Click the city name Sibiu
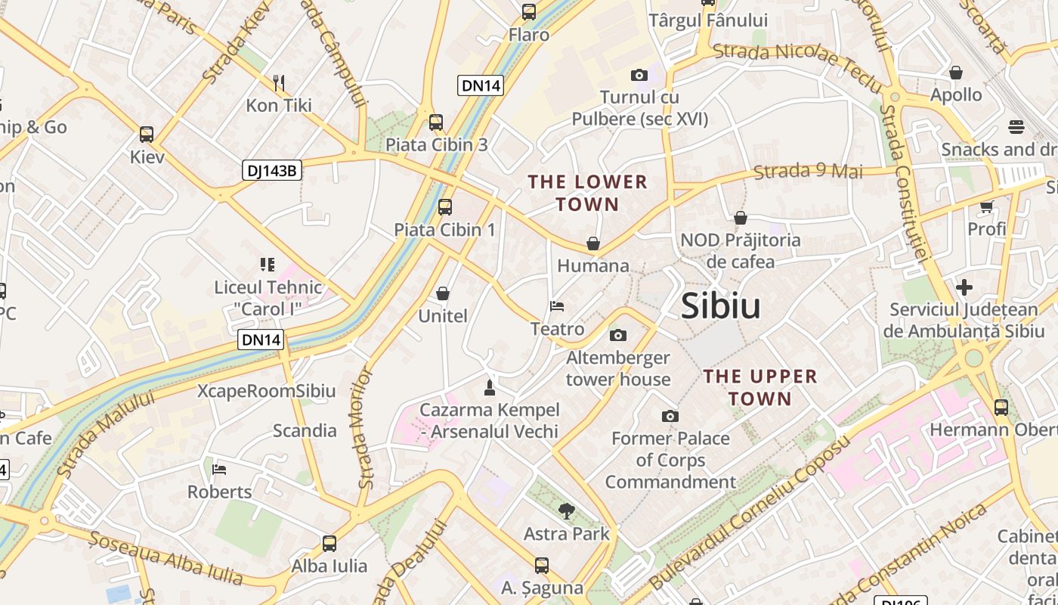pyautogui.click(x=720, y=306)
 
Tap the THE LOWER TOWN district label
pyautogui.click(x=588, y=193)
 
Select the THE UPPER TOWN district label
pyautogui.click(x=760, y=387)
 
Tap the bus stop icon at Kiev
pyautogui.click(x=147, y=135)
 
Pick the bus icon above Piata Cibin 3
pyautogui.click(x=436, y=122)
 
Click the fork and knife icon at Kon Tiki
pyautogui.click(x=279, y=82)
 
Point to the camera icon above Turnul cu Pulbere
pyautogui.click(x=639, y=75)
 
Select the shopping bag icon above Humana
pyautogui.click(x=593, y=244)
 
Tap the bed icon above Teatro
pyautogui.click(x=557, y=306)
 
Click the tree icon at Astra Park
pyautogui.click(x=566, y=511)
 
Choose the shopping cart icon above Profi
pyautogui.click(x=986, y=206)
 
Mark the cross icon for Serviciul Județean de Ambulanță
pyautogui.click(x=964, y=287)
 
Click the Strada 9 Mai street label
pyautogui.click(x=809, y=172)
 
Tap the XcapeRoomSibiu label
pyautogui.click(x=266, y=391)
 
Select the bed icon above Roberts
pyautogui.click(x=219, y=469)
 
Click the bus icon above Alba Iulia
pyautogui.click(x=329, y=543)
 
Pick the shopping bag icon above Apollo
pyautogui.click(x=956, y=73)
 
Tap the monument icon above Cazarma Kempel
pyautogui.click(x=490, y=388)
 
